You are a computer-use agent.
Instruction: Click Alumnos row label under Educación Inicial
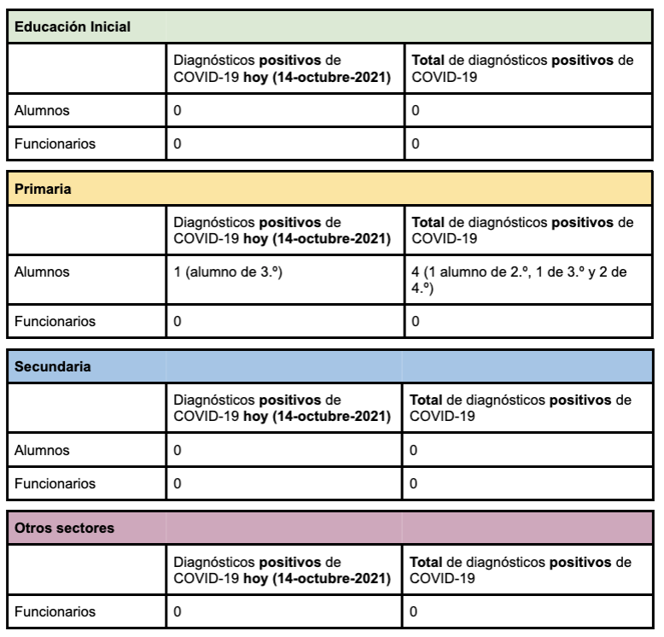pyautogui.click(x=40, y=110)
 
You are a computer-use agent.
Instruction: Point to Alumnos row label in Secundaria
pyautogui.click(x=40, y=450)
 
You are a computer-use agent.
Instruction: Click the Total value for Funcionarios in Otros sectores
pyautogui.click(x=415, y=612)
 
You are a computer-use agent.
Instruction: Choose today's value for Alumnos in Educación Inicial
pyautogui.click(x=178, y=110)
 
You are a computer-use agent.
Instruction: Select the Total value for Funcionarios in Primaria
pyautogui.click(x=415, y=322)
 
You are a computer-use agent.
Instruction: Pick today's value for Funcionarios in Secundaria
pyautogui.click(x=178, y=482)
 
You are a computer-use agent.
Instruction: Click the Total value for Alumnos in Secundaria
pyautogui.click(x=415, y=450)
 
